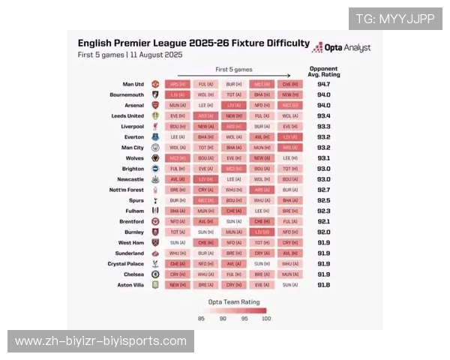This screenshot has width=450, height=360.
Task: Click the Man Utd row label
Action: (133, 85)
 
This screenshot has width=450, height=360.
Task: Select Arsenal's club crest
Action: (155, 106)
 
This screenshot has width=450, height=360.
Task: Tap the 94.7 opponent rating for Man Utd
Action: (323, 85)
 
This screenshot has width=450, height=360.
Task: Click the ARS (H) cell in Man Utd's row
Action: (178, 85)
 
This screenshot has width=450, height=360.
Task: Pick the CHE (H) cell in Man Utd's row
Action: (290, 85)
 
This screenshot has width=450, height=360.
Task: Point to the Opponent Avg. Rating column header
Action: (323, 70)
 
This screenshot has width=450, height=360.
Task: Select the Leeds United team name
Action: (128, 116)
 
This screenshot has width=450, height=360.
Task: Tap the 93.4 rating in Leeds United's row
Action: (323, 116)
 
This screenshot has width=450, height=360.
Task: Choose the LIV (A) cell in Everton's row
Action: (290, 137)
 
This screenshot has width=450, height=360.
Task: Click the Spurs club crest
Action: (155, 201)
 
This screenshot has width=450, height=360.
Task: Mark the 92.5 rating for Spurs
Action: (323, 201)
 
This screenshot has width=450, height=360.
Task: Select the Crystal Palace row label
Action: (124, 264)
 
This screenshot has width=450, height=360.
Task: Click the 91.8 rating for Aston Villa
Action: (323, 285)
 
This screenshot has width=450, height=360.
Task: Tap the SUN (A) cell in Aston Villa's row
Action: (290, 285)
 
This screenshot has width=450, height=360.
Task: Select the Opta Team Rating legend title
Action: (233, 301)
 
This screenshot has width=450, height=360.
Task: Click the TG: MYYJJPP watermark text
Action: (395, 19)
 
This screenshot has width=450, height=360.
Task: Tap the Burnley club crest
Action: (155, 232)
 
